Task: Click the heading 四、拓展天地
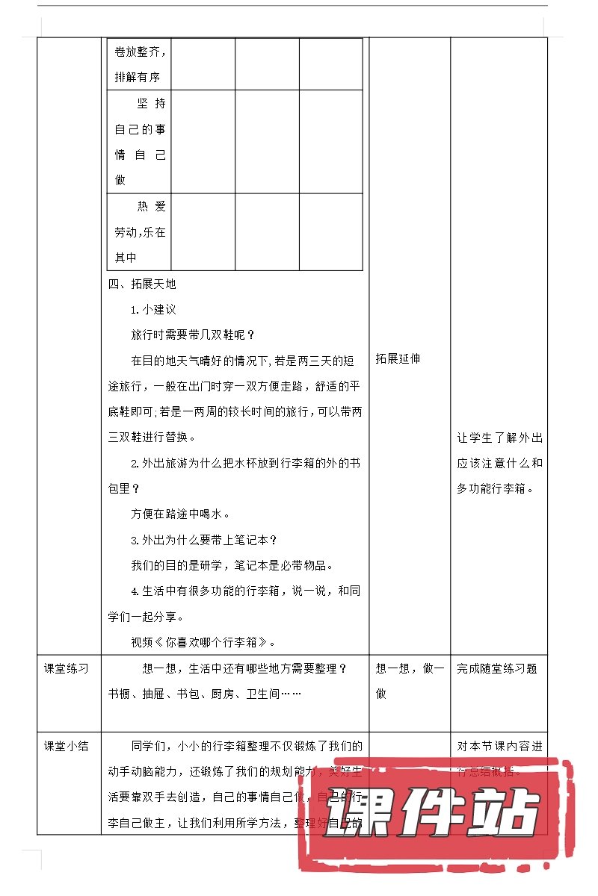click(x=142, y=284)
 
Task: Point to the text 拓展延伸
click(x=398, y=358)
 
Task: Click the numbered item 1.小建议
click(x=153, y=309)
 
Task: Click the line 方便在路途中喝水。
click(x=180, y=514)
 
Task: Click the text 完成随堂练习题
click(x=497, y=668)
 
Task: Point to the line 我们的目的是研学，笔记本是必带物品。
click(x=232, y=564)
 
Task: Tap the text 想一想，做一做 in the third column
click(x=409, y=680)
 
